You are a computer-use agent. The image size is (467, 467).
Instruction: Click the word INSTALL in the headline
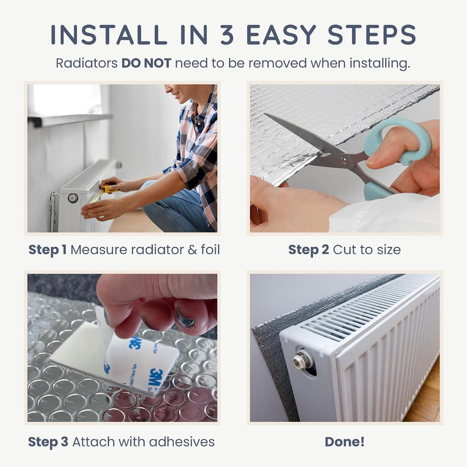click(x=109, y=35)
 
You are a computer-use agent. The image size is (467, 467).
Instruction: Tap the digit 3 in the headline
click(x=227, y=35)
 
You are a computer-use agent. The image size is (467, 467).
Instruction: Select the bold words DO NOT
click(x=146, y=63)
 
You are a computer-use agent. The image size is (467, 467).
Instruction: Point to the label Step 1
click(x=47, y=250)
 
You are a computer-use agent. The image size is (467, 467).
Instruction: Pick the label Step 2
click(x=309, y=250)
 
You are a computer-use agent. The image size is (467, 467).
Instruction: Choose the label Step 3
click(x=48, y=442)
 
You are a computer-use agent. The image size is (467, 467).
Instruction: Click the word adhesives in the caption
click(x=182, y=442)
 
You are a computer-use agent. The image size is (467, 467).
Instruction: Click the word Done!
click(x=345, y=441)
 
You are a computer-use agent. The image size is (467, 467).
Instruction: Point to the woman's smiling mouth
click(x=176, y=95)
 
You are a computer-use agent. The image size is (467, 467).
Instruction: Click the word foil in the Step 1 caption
click(x=210, y=249)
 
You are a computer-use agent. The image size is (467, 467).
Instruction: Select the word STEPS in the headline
click(x=371, y=35)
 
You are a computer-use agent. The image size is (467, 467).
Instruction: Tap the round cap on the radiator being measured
click(x=73, y=197)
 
